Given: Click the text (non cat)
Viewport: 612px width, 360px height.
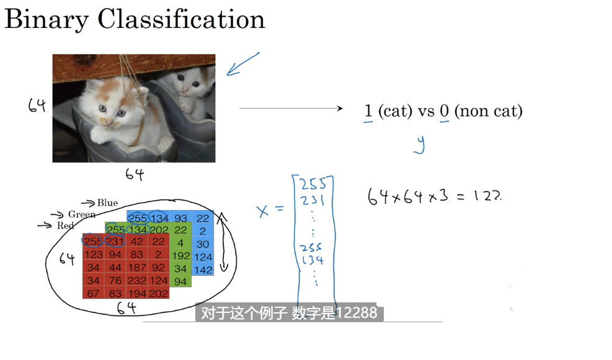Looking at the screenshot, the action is (x=488, y=112).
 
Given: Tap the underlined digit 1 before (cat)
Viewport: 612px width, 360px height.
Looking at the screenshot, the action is (x=368, y=112).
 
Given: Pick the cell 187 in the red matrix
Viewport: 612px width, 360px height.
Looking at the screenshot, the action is (x=138, y=268).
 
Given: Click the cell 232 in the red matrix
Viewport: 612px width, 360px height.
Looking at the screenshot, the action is (x=138, y=281).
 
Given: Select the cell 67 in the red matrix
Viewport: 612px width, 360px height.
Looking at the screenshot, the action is (x=93, y=294).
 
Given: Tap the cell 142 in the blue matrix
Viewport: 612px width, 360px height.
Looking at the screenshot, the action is (x=203, y=270).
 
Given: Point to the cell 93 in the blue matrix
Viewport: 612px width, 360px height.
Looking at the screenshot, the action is (x=180, y=218).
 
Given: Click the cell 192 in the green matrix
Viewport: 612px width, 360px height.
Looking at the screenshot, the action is (x=180, y=255).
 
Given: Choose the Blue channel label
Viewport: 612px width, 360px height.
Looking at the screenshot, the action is (x=107, y=203).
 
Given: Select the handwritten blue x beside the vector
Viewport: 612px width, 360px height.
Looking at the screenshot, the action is (x=264, y=211).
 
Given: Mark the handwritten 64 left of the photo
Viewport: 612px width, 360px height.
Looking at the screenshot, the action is (x=37, y=106).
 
